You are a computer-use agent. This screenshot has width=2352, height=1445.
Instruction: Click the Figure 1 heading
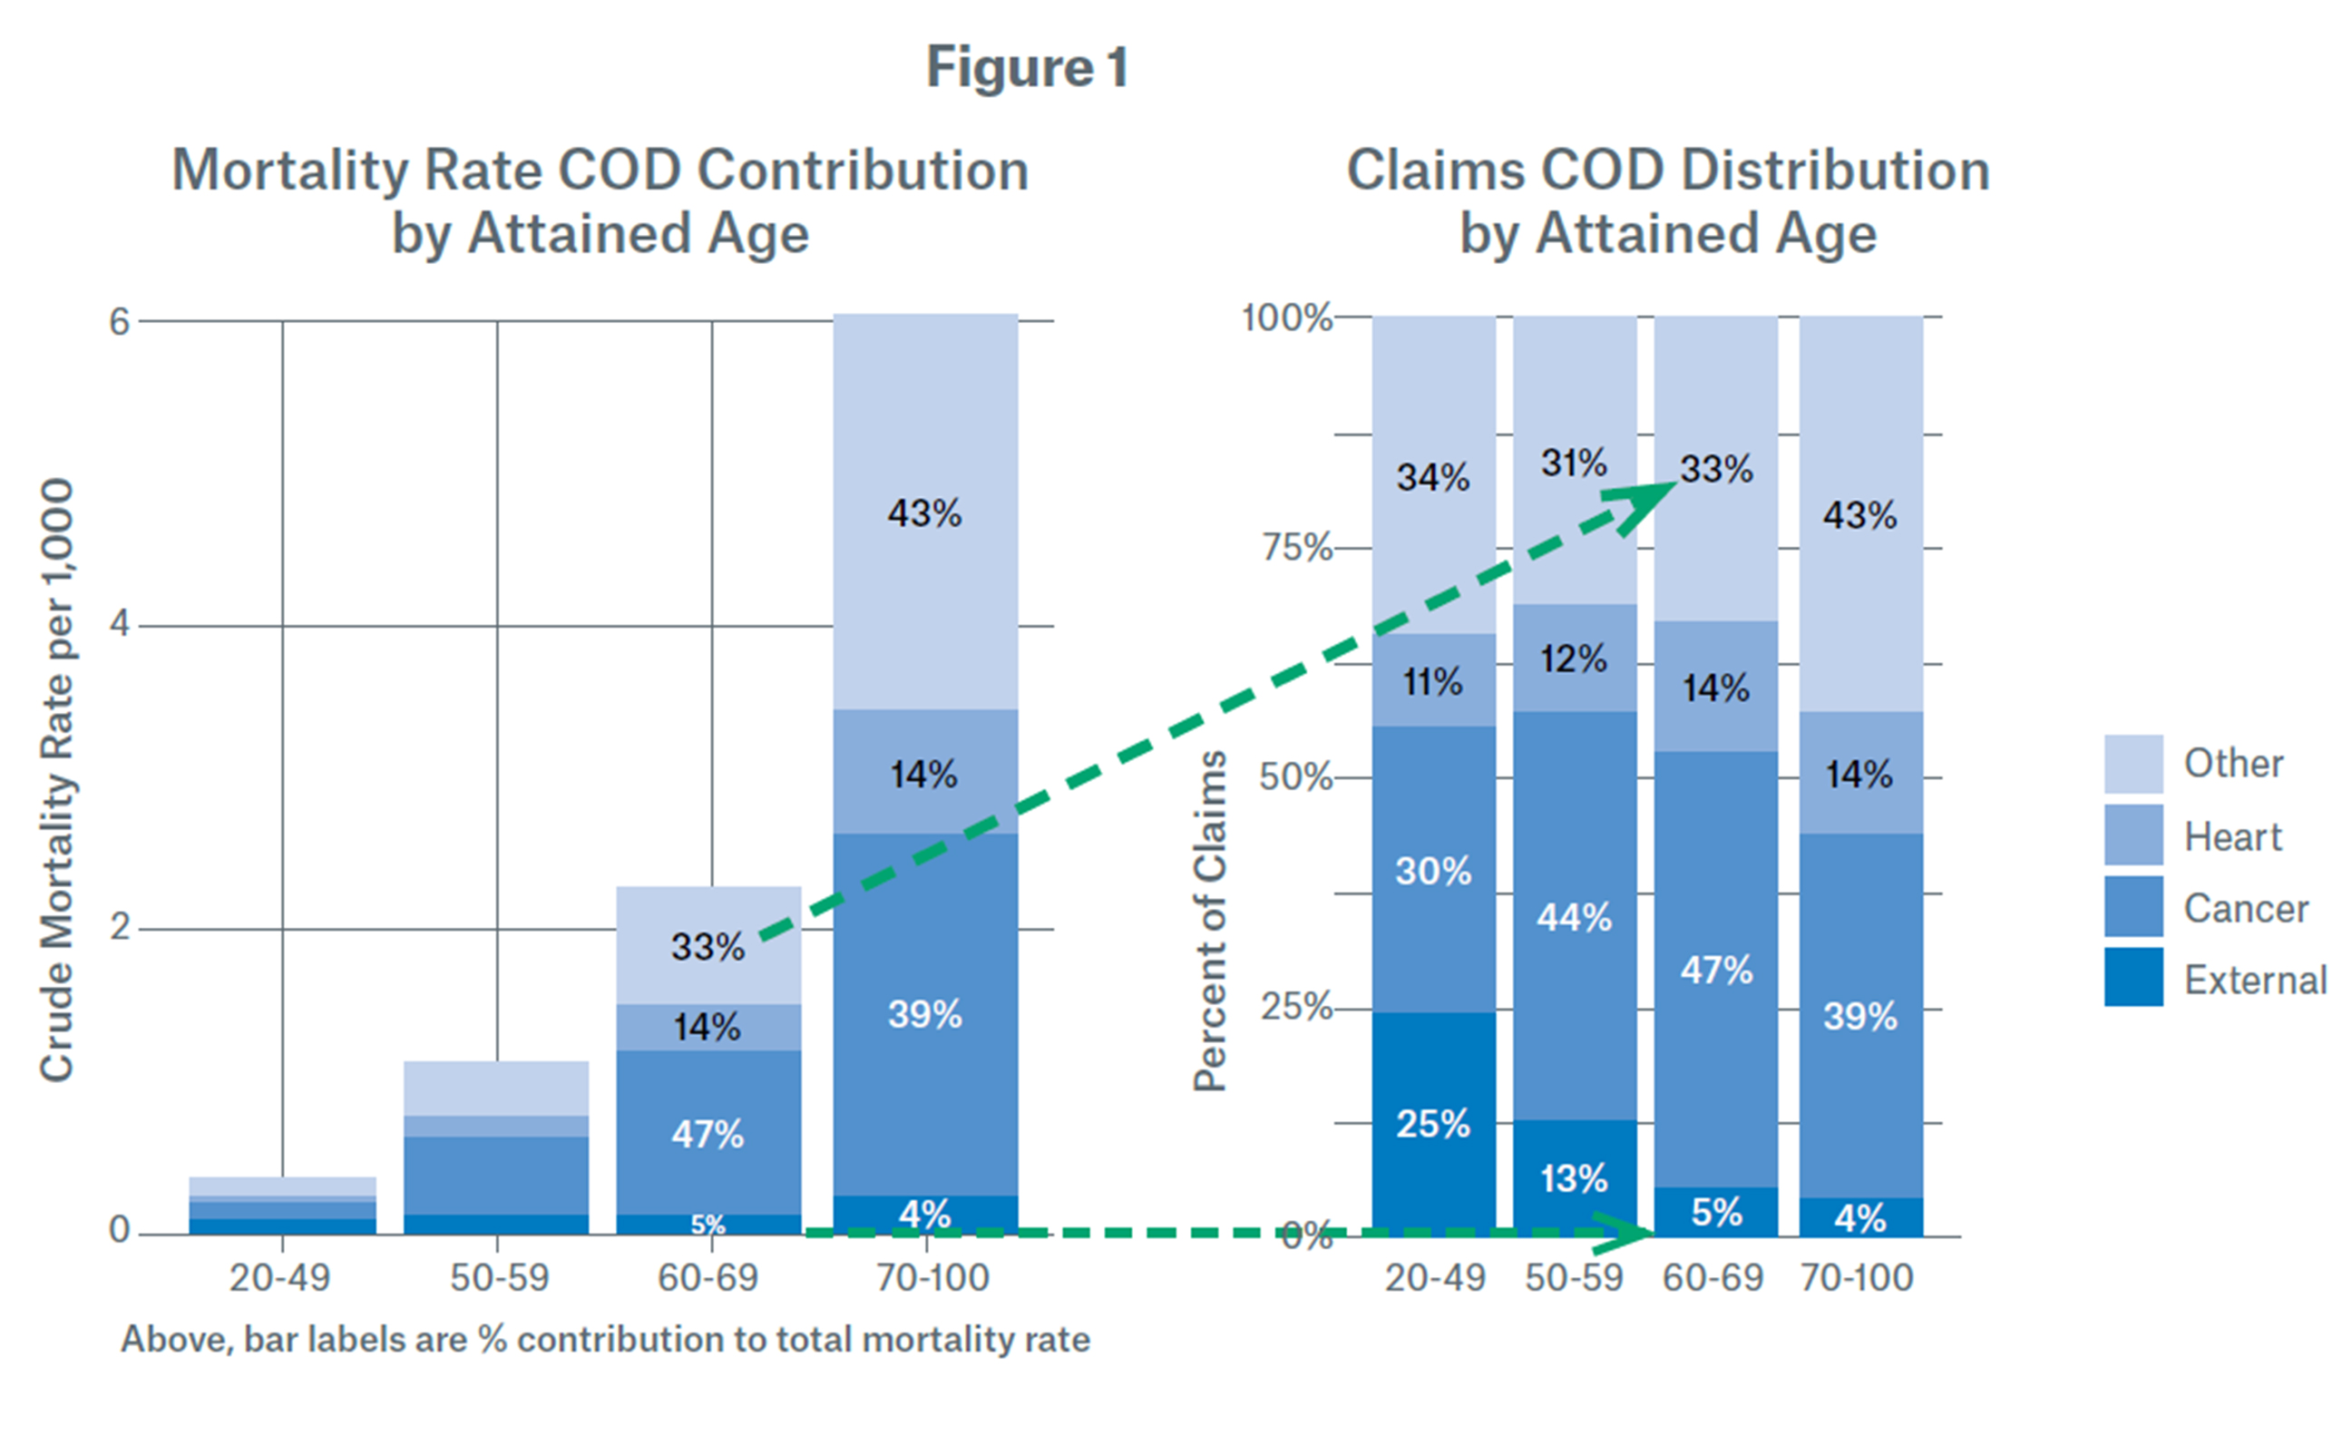[1028, 68]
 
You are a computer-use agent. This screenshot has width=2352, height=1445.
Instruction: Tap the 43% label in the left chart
[924, 514]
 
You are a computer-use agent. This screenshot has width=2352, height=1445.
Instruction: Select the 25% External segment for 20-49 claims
[1432, 1124]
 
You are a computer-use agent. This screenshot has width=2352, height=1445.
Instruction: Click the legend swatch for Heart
[2133, 835]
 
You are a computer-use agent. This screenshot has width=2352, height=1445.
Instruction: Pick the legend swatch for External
[2133, 978]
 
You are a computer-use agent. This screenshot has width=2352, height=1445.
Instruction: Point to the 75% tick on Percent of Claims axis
[1296, 548]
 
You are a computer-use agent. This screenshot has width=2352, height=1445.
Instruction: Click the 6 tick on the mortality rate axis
[119, 322]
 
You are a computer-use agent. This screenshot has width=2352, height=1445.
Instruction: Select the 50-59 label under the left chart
[499, 1278]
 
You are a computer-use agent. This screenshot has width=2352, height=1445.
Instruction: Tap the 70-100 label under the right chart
[1857, 1278]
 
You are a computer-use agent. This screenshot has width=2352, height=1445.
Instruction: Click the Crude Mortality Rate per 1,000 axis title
[57, 779]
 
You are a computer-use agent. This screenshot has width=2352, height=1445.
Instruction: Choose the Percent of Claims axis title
[1210, 921]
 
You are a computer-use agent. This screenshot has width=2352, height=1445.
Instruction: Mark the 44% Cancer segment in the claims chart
[1574, 917]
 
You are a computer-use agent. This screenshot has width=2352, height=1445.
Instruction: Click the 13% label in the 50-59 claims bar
[1574, 1178]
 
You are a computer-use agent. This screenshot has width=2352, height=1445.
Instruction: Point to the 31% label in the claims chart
[1574, 464]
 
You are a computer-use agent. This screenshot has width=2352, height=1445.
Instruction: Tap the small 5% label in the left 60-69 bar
[708, 1225]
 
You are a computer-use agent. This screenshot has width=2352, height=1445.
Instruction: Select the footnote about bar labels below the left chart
[605, 1340]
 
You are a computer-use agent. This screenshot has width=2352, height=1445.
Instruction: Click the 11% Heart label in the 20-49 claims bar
[1432, 682]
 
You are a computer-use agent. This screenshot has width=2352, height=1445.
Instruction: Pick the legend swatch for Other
[2133, 764]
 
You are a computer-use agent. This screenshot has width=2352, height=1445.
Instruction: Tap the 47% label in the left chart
[708, 1136]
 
